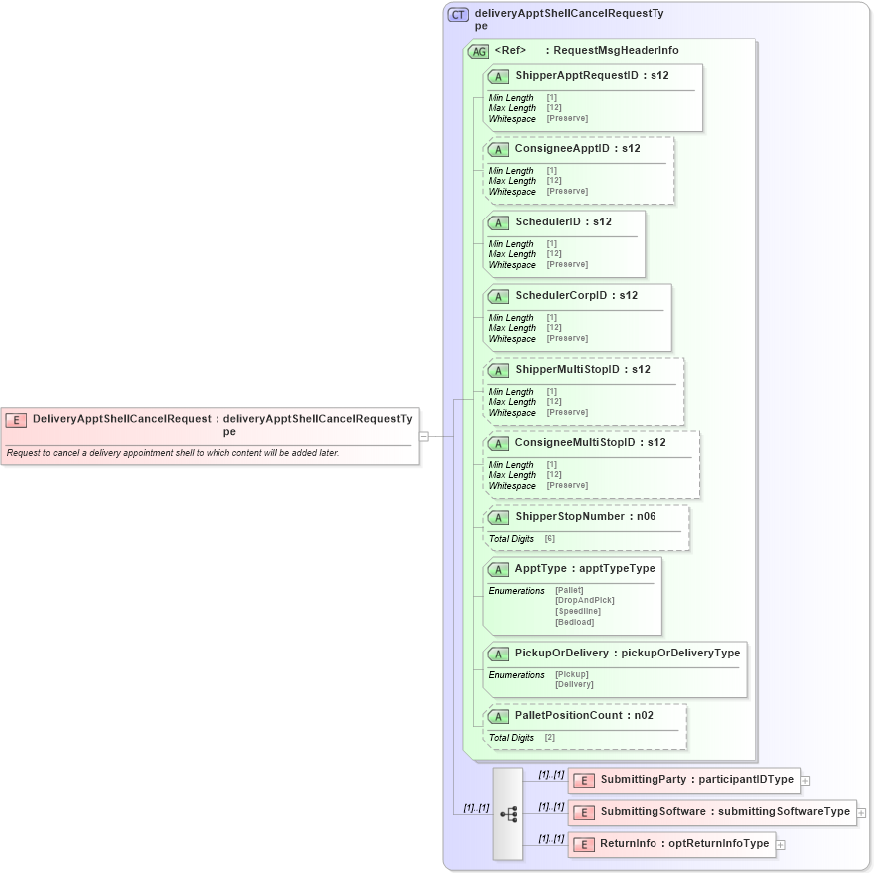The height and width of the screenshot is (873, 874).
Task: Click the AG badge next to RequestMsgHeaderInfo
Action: [478, 51]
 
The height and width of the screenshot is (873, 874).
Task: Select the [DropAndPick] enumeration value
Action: [585, 600]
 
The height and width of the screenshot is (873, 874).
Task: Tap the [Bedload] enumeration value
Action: [574, 622]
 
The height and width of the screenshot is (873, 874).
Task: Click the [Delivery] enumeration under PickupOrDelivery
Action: [574, 684]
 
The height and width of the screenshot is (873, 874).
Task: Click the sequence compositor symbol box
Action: [507, 814]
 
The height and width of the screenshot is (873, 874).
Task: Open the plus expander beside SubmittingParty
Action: [805, 782]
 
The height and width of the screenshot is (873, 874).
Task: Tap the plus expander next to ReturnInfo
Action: [781, 845]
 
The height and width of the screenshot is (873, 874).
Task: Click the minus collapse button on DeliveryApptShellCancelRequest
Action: [424, 436]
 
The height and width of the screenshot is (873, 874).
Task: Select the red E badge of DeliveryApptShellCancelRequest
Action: [16, 420]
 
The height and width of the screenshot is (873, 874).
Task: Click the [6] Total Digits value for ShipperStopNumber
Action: [550, 539]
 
